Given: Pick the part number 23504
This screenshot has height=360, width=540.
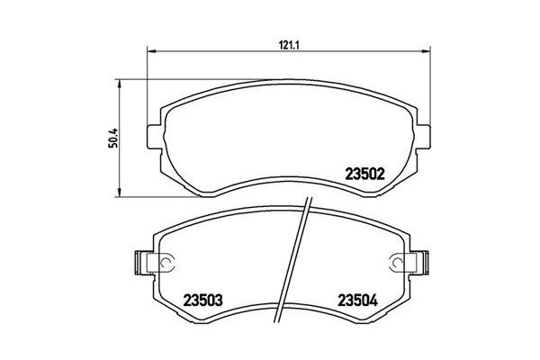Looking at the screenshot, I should tap(358, 300).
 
